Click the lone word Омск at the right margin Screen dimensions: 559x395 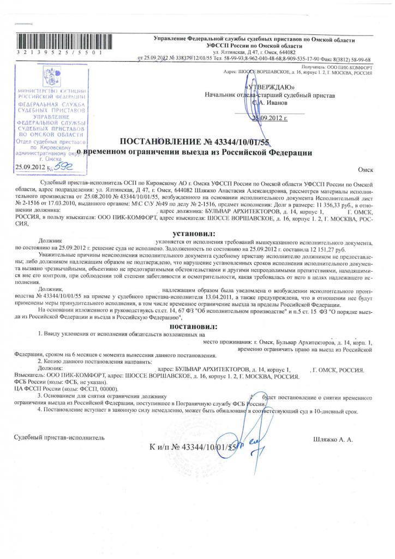(366, 170)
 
